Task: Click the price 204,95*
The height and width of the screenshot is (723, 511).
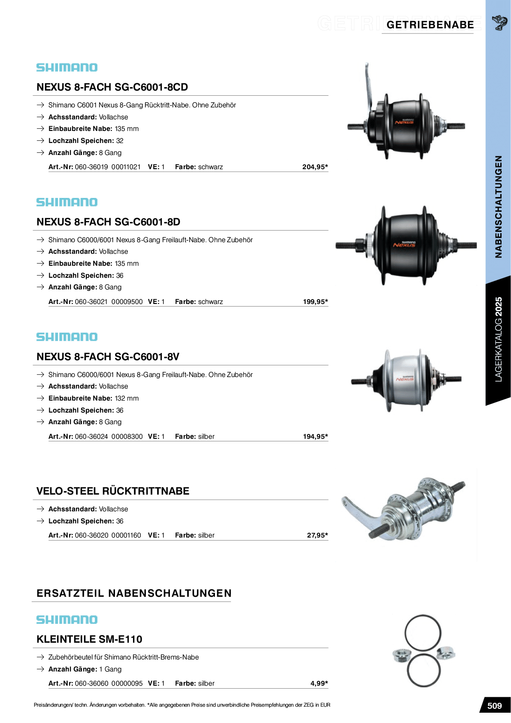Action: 315,167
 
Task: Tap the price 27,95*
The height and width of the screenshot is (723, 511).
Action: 317,535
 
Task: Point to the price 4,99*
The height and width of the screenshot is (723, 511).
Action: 319,684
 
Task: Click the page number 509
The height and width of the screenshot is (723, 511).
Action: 494,706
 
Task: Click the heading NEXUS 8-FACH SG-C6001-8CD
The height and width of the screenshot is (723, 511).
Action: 112,87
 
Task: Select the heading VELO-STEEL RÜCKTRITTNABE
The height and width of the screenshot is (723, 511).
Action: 113,491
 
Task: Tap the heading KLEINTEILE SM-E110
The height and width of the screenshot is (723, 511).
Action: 89,639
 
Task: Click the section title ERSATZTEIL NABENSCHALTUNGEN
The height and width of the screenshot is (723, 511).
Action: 134,593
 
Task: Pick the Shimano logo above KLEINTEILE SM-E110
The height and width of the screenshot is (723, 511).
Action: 67,620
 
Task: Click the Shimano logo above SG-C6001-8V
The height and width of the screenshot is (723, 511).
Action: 67,337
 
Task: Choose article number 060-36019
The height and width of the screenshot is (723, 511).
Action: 91,167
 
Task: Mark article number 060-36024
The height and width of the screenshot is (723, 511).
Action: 91,437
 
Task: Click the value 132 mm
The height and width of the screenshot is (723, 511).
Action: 127,398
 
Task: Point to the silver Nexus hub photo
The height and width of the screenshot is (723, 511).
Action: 406,380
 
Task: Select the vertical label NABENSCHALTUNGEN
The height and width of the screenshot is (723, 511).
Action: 498,207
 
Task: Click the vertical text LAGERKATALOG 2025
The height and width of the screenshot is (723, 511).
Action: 498,339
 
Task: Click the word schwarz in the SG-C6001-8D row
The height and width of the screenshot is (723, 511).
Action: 210,302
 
